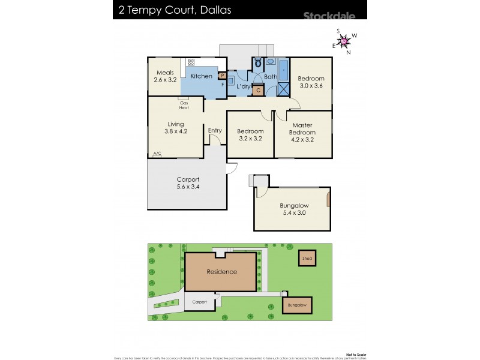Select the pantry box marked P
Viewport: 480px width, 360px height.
point(222,76)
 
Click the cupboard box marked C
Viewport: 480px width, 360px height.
point(258,91)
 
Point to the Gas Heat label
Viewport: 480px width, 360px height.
point(184,105)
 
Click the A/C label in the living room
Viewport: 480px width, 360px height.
point(157,154)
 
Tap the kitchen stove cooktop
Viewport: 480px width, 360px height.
point(191,61)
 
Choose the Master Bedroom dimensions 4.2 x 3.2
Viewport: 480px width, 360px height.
point(302,140)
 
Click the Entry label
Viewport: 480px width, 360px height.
point(215,131)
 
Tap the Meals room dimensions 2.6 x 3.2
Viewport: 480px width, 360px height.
point(165,79)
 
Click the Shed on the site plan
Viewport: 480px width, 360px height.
point(307,259)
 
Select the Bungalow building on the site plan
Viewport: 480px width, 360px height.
point(297,305)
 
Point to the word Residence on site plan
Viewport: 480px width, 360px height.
point(222,272)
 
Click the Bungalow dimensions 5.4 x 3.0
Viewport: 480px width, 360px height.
point(293,212)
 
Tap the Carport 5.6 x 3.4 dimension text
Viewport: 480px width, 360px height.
point(187,187)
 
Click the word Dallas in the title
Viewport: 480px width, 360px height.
point(215,10)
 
